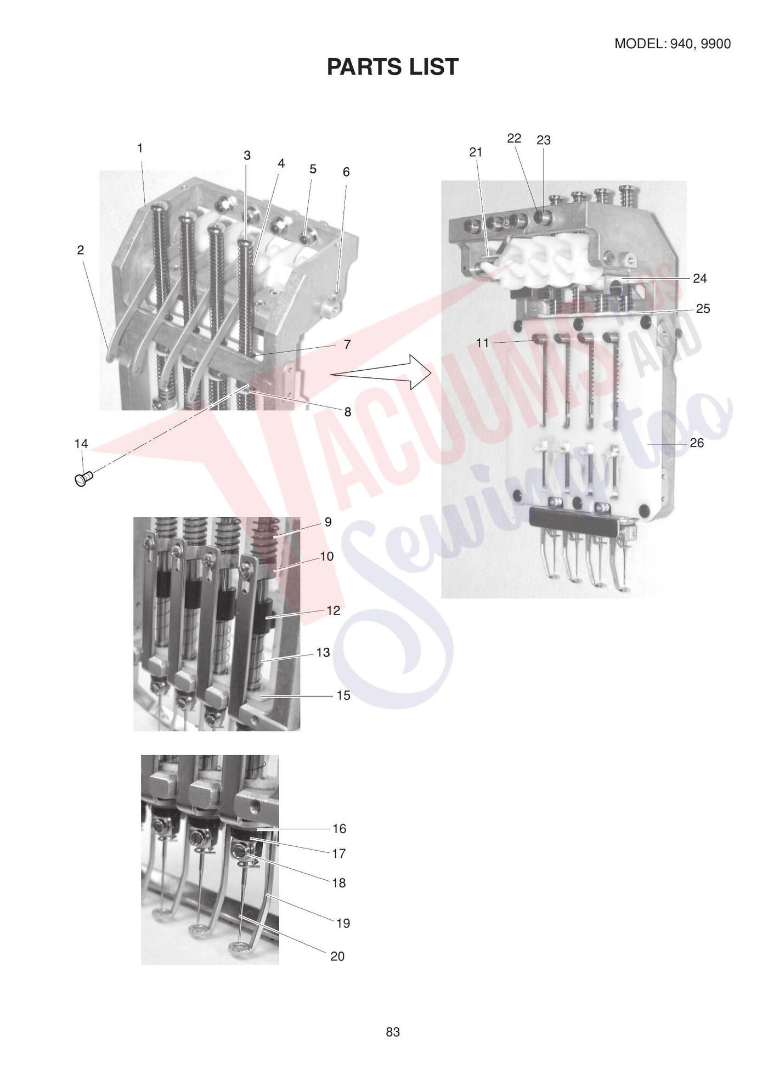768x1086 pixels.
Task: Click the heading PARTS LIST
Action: (x=393, y=67)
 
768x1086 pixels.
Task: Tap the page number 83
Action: (x=393, y=1032)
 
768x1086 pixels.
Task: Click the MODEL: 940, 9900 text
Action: (x=673, y=44)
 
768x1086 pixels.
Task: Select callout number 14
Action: (x=81, y=444)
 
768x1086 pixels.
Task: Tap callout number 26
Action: (x=697, y=443)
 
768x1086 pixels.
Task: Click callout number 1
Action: (x=140, y=148)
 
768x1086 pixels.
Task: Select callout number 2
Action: (x=81, y=250)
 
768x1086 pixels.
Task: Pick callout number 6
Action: (x=346, y=172)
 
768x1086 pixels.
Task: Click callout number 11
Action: (x=482, y=343)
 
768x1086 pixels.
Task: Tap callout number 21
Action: (x=476, y=152)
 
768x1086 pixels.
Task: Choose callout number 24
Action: (x=700, y=279)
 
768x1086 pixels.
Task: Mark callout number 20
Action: (x=337, y=957)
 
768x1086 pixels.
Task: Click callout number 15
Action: (x=343, y=695)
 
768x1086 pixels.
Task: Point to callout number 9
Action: (x=328, y=522)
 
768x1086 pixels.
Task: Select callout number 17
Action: (x=339, y=853)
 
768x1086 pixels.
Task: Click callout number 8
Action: (x=348, y=412)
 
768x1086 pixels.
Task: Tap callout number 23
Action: (x=544, y=140)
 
